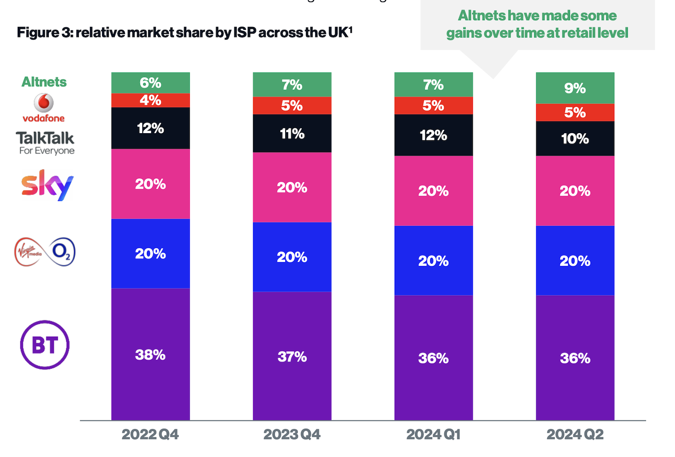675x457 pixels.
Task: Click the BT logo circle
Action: [x=45, y=345]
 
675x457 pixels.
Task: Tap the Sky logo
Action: [x=47, y=185]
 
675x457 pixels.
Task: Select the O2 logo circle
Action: [x=62, y=251]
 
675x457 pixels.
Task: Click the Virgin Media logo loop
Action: [x=28, y=251]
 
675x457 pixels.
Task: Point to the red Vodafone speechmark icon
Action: [x=43, y=102]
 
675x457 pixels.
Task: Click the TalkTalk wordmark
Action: [x=45, y=138]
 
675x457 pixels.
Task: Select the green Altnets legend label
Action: [x=44, y=82]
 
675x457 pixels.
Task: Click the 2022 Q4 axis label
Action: [x=150, y=434]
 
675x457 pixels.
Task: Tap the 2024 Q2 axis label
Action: [x=575, y=434]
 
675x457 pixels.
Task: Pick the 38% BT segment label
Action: [x=150, y=355]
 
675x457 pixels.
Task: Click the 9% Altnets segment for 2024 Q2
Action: [x=575, y=88]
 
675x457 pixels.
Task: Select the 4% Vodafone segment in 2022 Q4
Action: [x=150, y=100]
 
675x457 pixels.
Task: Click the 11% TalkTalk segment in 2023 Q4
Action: [x=292, y=134]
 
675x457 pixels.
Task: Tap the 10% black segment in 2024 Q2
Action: [x=575, y=139]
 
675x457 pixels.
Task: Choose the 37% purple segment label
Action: [x=292, y=357]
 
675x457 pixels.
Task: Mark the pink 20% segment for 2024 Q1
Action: [x=433, y=191]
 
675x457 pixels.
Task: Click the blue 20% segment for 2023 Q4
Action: [x=292, y=257]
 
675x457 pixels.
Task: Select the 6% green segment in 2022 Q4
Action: [x=150, y=83]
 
